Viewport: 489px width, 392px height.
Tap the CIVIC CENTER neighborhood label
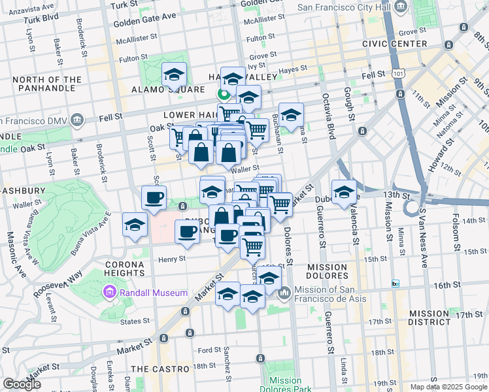click(395, 44)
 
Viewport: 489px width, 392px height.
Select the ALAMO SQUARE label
click(160, 90)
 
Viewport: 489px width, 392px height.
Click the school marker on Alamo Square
click(175, 74)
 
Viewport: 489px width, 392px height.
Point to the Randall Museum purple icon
click(110, 293)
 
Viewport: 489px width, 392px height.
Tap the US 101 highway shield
click(399, 75)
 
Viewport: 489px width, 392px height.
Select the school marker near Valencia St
click(344, 192)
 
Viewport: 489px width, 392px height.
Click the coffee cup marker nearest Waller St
click(154, 197)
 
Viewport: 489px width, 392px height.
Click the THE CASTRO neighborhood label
click(160, 369)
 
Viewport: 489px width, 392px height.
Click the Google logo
click(22, 384)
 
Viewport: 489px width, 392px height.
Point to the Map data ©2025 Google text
click(448, 387)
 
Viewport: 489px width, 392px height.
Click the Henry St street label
click(173, 258)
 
